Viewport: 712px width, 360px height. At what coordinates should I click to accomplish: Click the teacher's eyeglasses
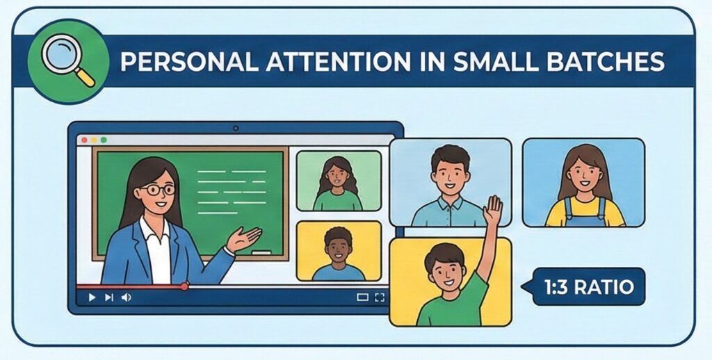[158, 189]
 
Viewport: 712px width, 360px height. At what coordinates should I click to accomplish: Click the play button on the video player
[92, 297]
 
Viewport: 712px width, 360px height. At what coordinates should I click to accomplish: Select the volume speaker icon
[126, 297]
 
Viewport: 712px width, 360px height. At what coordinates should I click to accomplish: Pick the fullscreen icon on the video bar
[379, 297]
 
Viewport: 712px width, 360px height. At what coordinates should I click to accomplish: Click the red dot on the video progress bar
[184, 286]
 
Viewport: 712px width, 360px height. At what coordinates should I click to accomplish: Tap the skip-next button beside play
[108, 297]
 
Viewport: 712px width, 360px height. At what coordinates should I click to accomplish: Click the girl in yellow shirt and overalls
[583, 184]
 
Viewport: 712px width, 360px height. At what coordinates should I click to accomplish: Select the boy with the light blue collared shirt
[450, 184]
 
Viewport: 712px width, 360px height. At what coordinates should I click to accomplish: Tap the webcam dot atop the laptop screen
[236, 128]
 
